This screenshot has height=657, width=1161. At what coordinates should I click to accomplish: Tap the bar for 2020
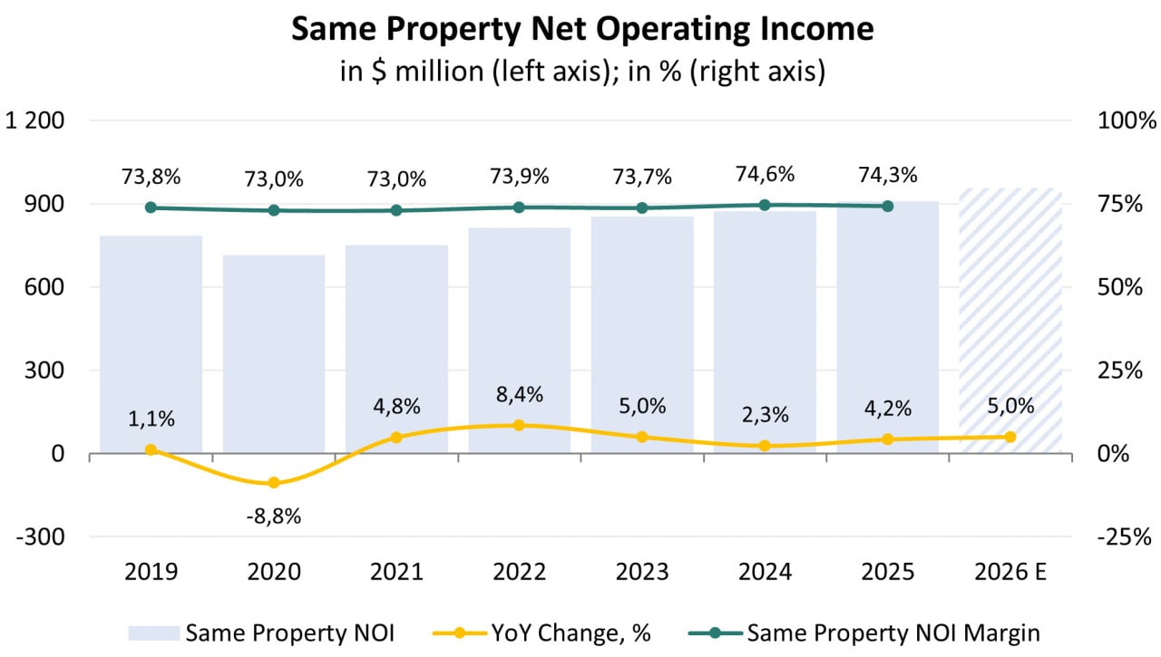pyautogui.click(x=274, y=353)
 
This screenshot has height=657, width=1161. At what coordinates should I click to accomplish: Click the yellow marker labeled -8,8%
pyautogui.click(x=274, y=483)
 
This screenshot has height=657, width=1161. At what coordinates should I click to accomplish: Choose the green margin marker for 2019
pyautogui.click(x=151, y=208)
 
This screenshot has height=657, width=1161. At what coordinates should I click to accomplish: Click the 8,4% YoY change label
pyautogui.click(x=520, y=394)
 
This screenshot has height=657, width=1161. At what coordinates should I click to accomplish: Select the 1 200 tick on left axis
pyautogui.click(x=35, y=121)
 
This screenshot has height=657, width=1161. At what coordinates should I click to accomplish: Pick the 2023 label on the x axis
pyautogui.click(x=642, y=572)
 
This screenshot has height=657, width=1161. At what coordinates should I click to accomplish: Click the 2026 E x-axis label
pyautogui.click(x=1010, y=572)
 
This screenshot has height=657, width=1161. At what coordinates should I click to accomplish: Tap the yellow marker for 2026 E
pyautogui.click(x=1010, y=437)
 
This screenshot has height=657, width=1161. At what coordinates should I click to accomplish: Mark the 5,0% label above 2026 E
pyautogui.click(x=1010, y=406)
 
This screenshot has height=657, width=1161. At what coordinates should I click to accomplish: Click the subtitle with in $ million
pyautogui.click(x=581, y=72)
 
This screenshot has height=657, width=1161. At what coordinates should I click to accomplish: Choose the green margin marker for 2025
pyautogui.click(x=888, y=206)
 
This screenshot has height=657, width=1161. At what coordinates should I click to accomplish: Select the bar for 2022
pyautogui.click(x=520, y=340)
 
